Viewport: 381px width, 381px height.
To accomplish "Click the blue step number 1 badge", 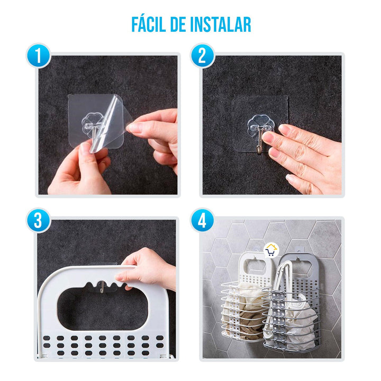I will tap(39, 56).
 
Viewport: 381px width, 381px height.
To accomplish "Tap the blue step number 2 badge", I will tap(202, 56).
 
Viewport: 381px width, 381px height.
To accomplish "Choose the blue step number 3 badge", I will tap(39, 221).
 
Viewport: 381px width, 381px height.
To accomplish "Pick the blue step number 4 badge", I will tap(202, 221).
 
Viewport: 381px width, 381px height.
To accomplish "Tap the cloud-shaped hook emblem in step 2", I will tap(260, 124).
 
